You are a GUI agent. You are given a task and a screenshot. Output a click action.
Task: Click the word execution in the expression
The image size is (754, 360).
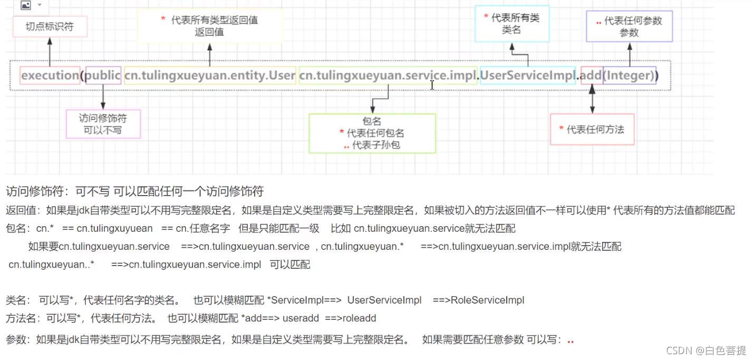point(50,75)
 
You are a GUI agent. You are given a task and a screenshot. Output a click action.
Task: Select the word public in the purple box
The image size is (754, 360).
point(103,75)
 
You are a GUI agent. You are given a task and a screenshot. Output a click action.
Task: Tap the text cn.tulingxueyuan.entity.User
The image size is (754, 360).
point(210,75)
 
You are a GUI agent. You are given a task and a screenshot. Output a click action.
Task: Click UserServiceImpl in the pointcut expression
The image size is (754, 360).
point(527,75)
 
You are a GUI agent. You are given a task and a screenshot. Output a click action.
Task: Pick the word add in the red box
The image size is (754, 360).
point(591,75)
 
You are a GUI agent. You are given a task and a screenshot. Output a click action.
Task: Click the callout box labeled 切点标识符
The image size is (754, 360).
point(50,26)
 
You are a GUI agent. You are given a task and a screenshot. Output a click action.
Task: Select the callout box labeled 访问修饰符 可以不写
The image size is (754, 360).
point(103,124)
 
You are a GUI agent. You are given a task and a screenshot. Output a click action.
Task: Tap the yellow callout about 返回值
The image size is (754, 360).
point(209,26)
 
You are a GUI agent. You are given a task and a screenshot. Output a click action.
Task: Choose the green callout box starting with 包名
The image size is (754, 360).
point(372,133)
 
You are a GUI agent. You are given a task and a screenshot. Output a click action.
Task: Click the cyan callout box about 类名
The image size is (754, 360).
point(511,24)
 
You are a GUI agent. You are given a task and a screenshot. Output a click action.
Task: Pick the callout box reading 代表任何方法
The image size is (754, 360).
point(592,129)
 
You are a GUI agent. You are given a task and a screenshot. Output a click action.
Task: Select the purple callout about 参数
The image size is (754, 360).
point(629,26)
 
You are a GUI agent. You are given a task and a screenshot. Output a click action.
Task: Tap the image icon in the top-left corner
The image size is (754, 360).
point(25,5)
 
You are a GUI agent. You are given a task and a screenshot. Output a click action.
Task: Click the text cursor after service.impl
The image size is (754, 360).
point(432,85)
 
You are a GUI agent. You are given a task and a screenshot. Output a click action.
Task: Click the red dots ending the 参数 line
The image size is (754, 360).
point(570,341)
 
